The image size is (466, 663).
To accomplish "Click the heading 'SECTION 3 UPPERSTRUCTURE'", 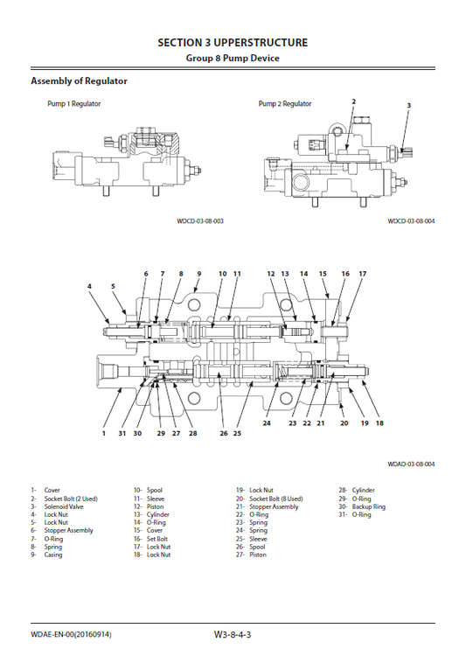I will pos(233,42).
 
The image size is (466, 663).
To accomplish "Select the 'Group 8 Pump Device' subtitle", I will pos(233,59).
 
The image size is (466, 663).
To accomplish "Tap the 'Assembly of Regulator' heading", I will pos(79,81).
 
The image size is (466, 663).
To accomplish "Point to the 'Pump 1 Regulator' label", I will pos(73,104).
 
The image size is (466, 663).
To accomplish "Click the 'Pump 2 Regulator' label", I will pos(285,104).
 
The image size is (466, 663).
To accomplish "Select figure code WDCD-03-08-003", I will pos(200,221).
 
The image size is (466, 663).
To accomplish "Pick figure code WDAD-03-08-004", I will pos(411,464).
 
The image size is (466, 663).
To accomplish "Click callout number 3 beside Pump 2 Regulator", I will pos(408,106).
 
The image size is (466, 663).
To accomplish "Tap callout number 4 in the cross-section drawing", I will pos(89,286).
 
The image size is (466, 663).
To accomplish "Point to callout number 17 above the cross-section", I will pos(362,274).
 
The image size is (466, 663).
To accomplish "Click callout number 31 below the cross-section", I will pos(122,433).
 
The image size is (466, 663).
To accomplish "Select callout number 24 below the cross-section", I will pos(267,423).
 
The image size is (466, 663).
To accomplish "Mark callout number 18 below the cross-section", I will pos(379,423).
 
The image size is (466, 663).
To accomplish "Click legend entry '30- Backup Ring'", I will pos(362,506).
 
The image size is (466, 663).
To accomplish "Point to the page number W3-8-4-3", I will pos(233,634).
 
